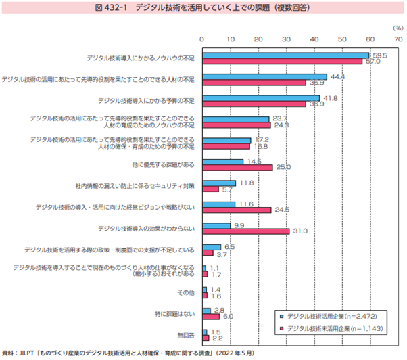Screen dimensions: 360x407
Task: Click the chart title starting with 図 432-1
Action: (203, 7)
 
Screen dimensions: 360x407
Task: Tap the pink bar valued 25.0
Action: (237, 167)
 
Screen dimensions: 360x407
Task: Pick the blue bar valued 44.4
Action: (264, 76)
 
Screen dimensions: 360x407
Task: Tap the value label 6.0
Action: (228, 316)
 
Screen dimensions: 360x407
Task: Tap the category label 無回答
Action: (186, 334)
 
